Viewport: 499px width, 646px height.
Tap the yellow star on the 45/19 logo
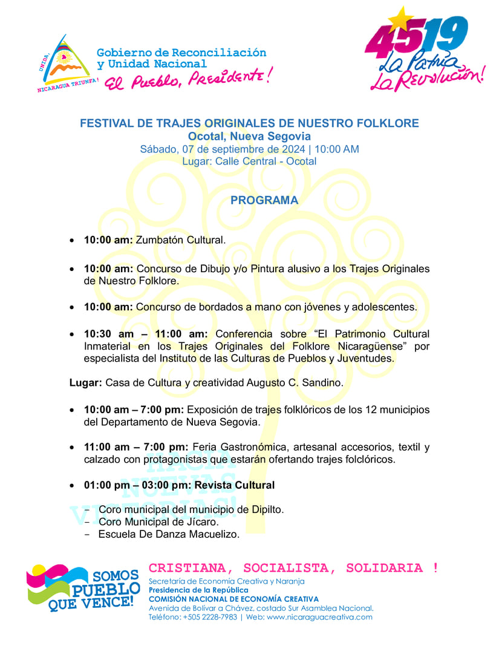400,21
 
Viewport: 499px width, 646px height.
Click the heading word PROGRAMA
264,200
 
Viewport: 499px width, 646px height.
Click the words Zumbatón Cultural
180,240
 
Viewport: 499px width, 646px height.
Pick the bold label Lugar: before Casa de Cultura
85,383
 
